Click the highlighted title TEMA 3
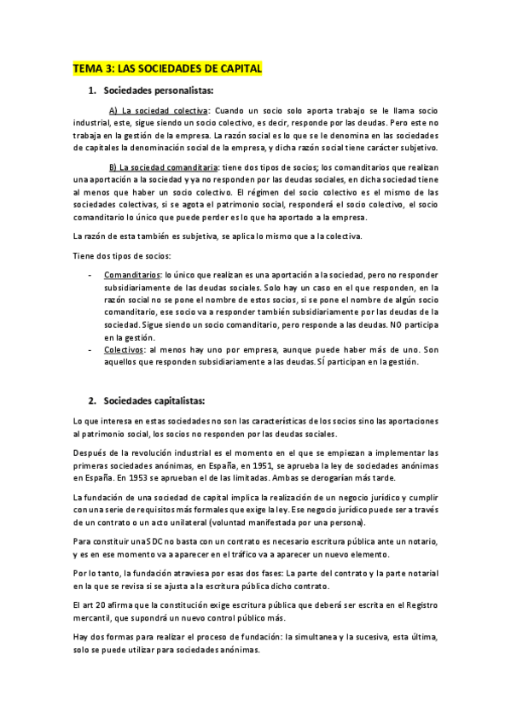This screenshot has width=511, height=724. pyautogui.click(x=167, y=69)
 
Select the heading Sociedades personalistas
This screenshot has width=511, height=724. pyautogui.click(x=159, y=90)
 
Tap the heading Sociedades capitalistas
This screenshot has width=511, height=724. pyautogui.click(x=154, y=400)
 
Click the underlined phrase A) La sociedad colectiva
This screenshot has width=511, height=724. pyautogui.click(x=158, y=111)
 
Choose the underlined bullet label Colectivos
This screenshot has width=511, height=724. pyautogui.click(x=123, y=350)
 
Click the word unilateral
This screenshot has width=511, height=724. pyautogui.click(x=177, y=523)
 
